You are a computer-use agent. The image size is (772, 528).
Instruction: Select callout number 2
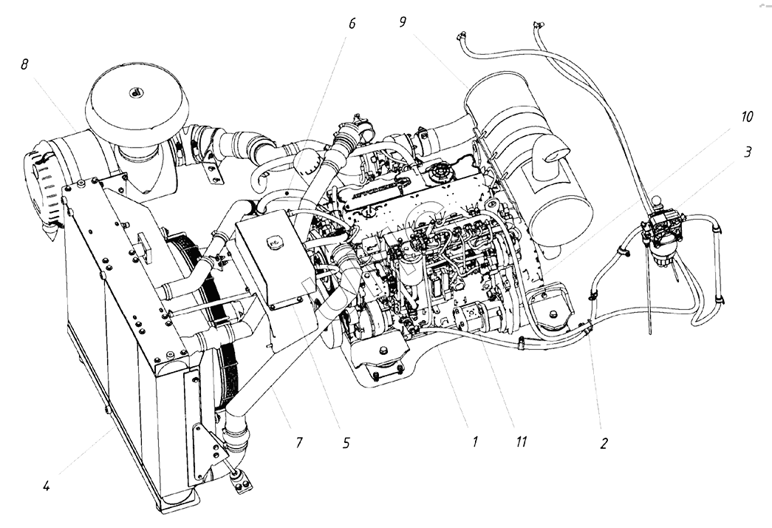(604, 444)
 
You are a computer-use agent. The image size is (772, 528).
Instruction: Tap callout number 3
(748, 152)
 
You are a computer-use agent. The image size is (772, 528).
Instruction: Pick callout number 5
(346, 444)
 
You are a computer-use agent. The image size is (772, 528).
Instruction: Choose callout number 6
(352, 24)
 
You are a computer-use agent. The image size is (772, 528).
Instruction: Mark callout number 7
(299, 444)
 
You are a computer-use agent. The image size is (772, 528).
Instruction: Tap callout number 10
(747, 118)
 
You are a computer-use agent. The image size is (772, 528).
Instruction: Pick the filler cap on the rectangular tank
(271, 240)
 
